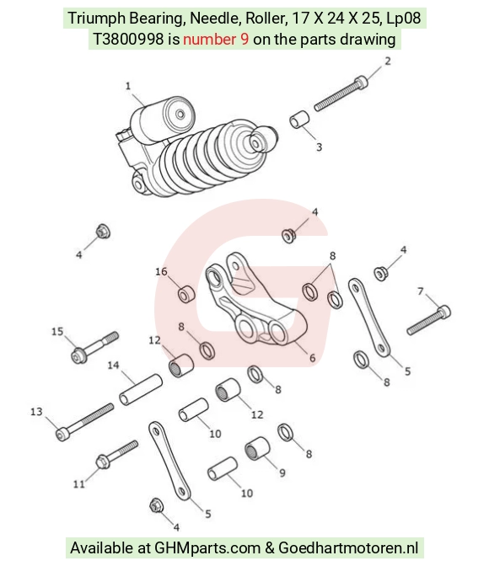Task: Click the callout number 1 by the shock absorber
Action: pos(128,86)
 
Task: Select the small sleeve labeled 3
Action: pos(299,120)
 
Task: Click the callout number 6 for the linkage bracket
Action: pos(312,358)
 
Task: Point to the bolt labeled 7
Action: pos(429,320)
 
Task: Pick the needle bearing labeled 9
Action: pos(257,449)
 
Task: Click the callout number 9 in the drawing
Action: pos(282,473)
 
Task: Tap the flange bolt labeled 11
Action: pos(116,455)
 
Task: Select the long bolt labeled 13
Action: pos(84,422)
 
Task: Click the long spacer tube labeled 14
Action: pos(141,390)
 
